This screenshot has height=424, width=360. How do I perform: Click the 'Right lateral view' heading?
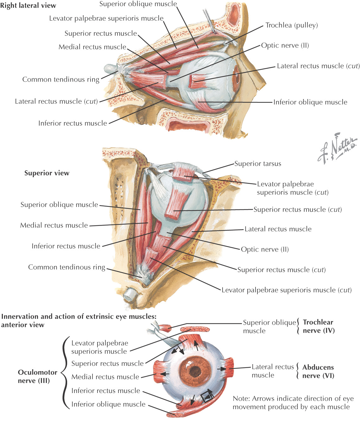coord(28,6)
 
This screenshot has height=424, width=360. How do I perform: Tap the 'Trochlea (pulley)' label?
coord(291,25)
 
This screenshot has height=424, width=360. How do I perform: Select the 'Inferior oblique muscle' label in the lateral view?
coord(310,102)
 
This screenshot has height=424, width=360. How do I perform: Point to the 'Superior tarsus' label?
coord(258,164)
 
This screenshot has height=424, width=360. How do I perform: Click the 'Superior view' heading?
coord(47,173)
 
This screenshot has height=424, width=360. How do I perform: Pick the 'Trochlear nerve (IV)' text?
coord(318,326)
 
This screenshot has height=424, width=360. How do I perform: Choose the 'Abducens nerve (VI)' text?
coord(318,371)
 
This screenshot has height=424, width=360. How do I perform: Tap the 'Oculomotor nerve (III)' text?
coord(37,376)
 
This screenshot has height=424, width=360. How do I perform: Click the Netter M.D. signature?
coord(337,149)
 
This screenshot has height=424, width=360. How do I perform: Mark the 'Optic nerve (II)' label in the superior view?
coord(265,249)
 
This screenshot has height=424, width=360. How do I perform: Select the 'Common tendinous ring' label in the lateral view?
coord(61,79)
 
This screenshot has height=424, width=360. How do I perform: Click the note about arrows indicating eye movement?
coord(293,402)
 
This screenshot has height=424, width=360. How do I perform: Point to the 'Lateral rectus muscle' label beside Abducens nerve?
coord(273,371)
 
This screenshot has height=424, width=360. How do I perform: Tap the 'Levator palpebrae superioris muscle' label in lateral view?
coord(106,18)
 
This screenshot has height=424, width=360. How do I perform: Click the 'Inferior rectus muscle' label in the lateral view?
coord(73,123)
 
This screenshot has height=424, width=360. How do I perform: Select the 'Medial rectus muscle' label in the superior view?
coord(54,225)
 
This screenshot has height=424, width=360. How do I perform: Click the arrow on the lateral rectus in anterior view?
coord(221,369)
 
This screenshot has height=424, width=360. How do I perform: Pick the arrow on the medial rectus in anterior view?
coord(164,374)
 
